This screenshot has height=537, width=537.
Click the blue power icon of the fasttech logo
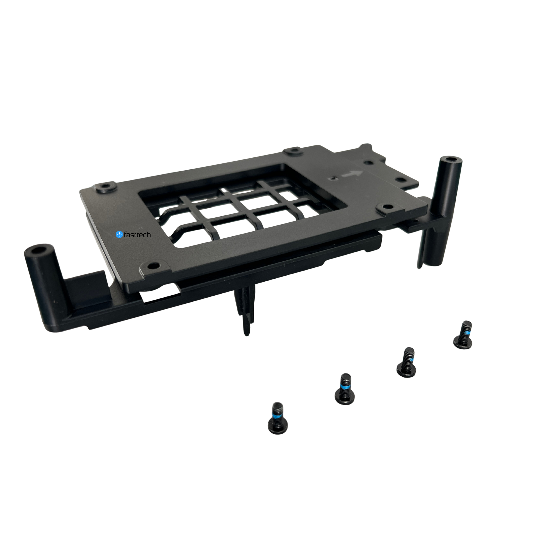click(x=119, y=234)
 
